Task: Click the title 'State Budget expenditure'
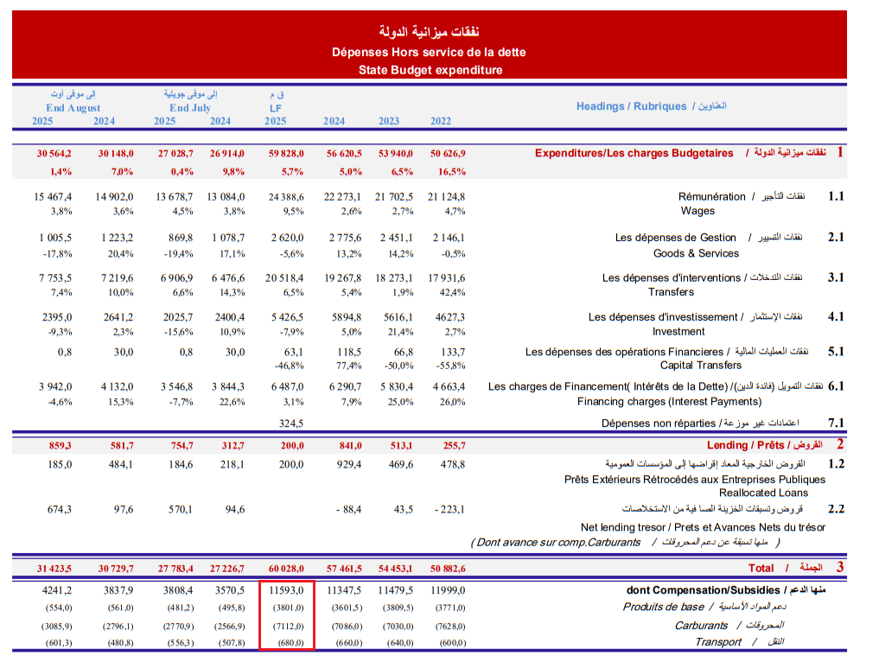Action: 430,70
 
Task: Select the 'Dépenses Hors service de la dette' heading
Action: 429,52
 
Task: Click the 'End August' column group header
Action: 73,108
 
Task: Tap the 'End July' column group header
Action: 190,108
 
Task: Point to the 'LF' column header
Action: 276,108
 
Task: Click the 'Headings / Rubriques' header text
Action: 631,106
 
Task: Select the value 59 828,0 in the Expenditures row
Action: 281,153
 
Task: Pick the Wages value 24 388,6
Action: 281,196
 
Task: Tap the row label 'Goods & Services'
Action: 696,253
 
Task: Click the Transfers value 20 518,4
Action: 281,277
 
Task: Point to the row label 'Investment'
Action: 678,331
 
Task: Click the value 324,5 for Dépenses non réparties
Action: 291,423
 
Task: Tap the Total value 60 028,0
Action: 281,568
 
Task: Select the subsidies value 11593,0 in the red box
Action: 286,590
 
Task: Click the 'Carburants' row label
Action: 701,625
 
